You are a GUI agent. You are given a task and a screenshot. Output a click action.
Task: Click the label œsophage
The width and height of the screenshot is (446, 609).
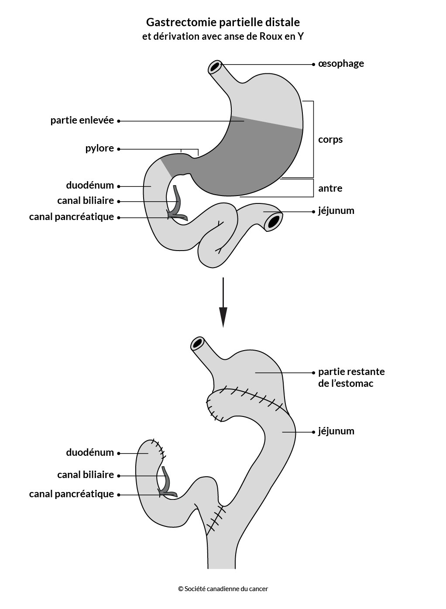tap(341, 64)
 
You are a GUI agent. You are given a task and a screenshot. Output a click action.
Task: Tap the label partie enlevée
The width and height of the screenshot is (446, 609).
tap(82, 120)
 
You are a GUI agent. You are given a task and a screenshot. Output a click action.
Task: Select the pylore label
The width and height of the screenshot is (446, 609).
tap(99, 148)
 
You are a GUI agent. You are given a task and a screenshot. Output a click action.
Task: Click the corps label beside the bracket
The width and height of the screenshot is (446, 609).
tap(330, 140)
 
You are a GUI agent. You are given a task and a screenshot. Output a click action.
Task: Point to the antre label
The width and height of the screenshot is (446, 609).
tap(330, 188)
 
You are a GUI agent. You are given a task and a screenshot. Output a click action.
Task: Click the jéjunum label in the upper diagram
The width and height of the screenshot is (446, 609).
tap(336, 211)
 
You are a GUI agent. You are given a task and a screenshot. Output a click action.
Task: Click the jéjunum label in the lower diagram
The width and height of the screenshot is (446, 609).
tap(336, 431)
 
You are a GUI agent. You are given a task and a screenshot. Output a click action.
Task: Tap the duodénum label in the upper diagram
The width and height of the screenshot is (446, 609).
tap(90, 185)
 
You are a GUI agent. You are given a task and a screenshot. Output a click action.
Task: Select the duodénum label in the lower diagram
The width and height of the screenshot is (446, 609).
tap(90, 452)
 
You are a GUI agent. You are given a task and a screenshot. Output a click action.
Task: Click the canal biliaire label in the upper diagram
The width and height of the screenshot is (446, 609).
tap(86, 201)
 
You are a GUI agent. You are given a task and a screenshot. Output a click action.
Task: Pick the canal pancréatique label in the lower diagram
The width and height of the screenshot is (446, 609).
tap(72, 494)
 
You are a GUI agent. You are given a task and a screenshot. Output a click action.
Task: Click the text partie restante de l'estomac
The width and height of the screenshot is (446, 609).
tap(351, 377)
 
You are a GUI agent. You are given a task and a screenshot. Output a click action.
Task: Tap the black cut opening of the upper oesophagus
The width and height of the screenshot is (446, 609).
tap(215, 66)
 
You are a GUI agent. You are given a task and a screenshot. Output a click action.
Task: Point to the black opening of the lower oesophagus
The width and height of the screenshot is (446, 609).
tap(197, 344)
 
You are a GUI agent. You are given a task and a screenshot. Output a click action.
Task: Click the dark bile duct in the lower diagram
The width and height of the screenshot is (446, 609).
tap(166, 482)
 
